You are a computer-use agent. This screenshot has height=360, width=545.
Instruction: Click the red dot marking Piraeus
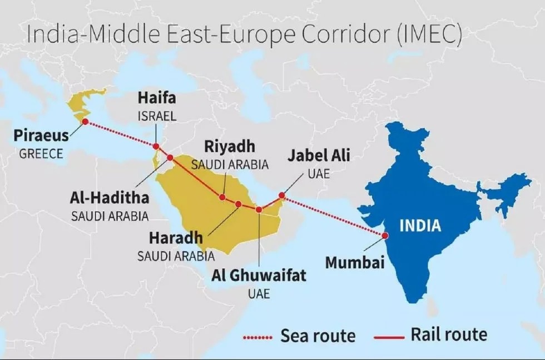(x=85, y=121)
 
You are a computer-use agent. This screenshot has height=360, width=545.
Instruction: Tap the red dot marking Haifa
(x=156, y=146)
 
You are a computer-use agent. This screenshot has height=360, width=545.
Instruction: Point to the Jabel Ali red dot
(x=282, y=195)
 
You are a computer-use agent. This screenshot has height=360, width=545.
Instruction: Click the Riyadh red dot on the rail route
(x=222, y=197)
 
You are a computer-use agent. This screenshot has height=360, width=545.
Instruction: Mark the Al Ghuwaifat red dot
(x=259, y=209)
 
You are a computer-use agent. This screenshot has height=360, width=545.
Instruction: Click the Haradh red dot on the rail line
(x=239, y=204)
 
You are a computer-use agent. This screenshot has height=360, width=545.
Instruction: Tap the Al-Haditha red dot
(x=170, y=157)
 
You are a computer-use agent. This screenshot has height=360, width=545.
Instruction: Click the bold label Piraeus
(x=42, y=135)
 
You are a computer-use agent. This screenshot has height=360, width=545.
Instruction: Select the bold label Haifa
(x=157, y=98)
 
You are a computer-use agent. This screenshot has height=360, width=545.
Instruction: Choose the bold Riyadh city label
(x=230, y=147)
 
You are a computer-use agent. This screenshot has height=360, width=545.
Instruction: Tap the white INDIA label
(x=420, y=225)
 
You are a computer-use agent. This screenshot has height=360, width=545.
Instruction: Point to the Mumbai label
(x=355, y=262)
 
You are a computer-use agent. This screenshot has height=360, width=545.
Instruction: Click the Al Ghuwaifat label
(x=259, y=275)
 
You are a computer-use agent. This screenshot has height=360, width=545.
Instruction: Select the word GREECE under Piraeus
(x=41, y=154)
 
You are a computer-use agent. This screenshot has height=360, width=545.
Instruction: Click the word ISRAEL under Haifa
(x=157, y=116)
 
